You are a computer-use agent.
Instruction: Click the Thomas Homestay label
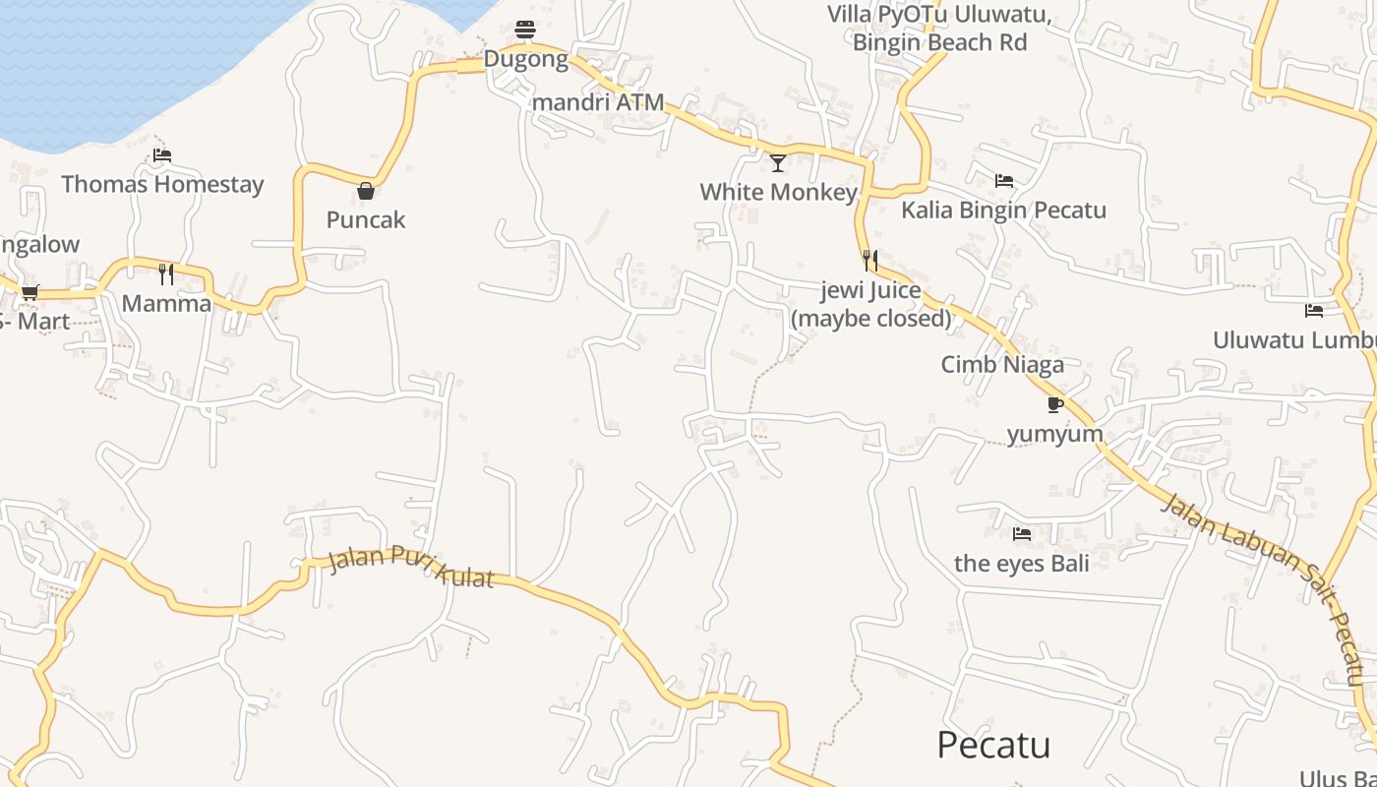[x=162, y=184]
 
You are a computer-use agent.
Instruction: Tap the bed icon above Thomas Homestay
[x=162, y=155]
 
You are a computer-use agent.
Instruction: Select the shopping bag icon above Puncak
[x=366, y=191]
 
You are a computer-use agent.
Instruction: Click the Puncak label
[x=366, y=219]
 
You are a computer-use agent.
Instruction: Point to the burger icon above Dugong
[x=525, y=30]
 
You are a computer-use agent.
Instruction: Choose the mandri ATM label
[x=598, y=102]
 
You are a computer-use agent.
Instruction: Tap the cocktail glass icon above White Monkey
[x=778, y=162]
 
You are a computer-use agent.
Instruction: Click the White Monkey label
[x=778, y=192]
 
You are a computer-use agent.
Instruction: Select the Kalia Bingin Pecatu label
[x=1003, y=210]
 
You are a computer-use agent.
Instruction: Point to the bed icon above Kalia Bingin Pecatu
[x=1004, y=181]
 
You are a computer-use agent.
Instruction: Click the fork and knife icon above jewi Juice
[x=870, y=261]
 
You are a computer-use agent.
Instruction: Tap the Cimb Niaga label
[x=1002, y=364]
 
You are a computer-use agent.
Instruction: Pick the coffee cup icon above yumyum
[x=1055, y=404]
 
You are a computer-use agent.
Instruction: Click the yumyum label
[x=1055, y=434]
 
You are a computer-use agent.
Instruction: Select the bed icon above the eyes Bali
[x=1022, y=534]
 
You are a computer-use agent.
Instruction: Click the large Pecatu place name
[x=993, y=745]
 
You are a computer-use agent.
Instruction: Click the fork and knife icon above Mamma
[x=166, y=273]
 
